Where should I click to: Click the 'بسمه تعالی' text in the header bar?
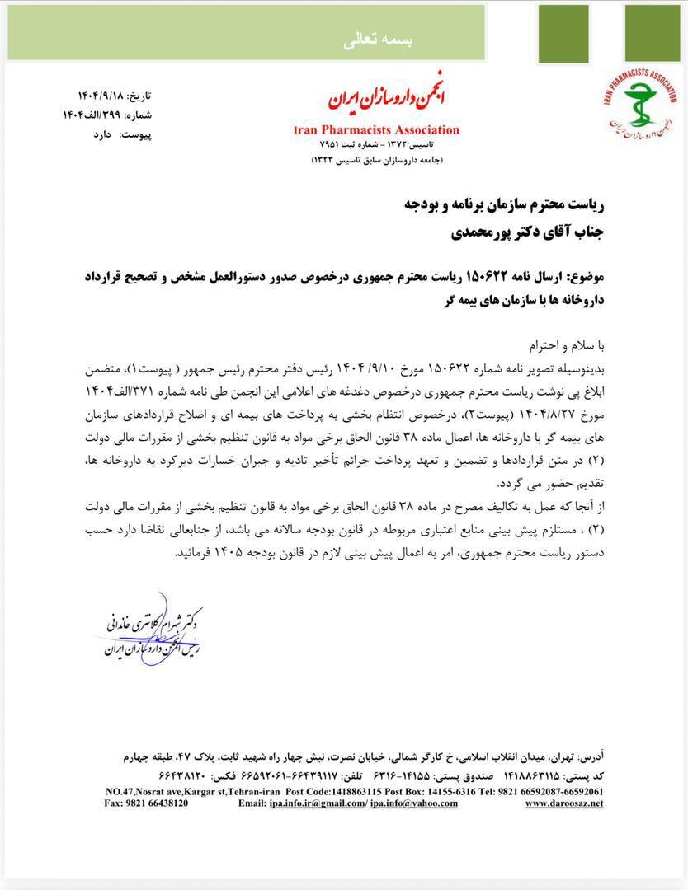[x=346, y=41]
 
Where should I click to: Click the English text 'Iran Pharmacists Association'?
[x=376, y=129]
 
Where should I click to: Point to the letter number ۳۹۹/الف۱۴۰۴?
[x=92, y=115]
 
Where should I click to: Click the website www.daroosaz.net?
[x=563, y=803]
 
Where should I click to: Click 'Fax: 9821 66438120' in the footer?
[x=147, y=803]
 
